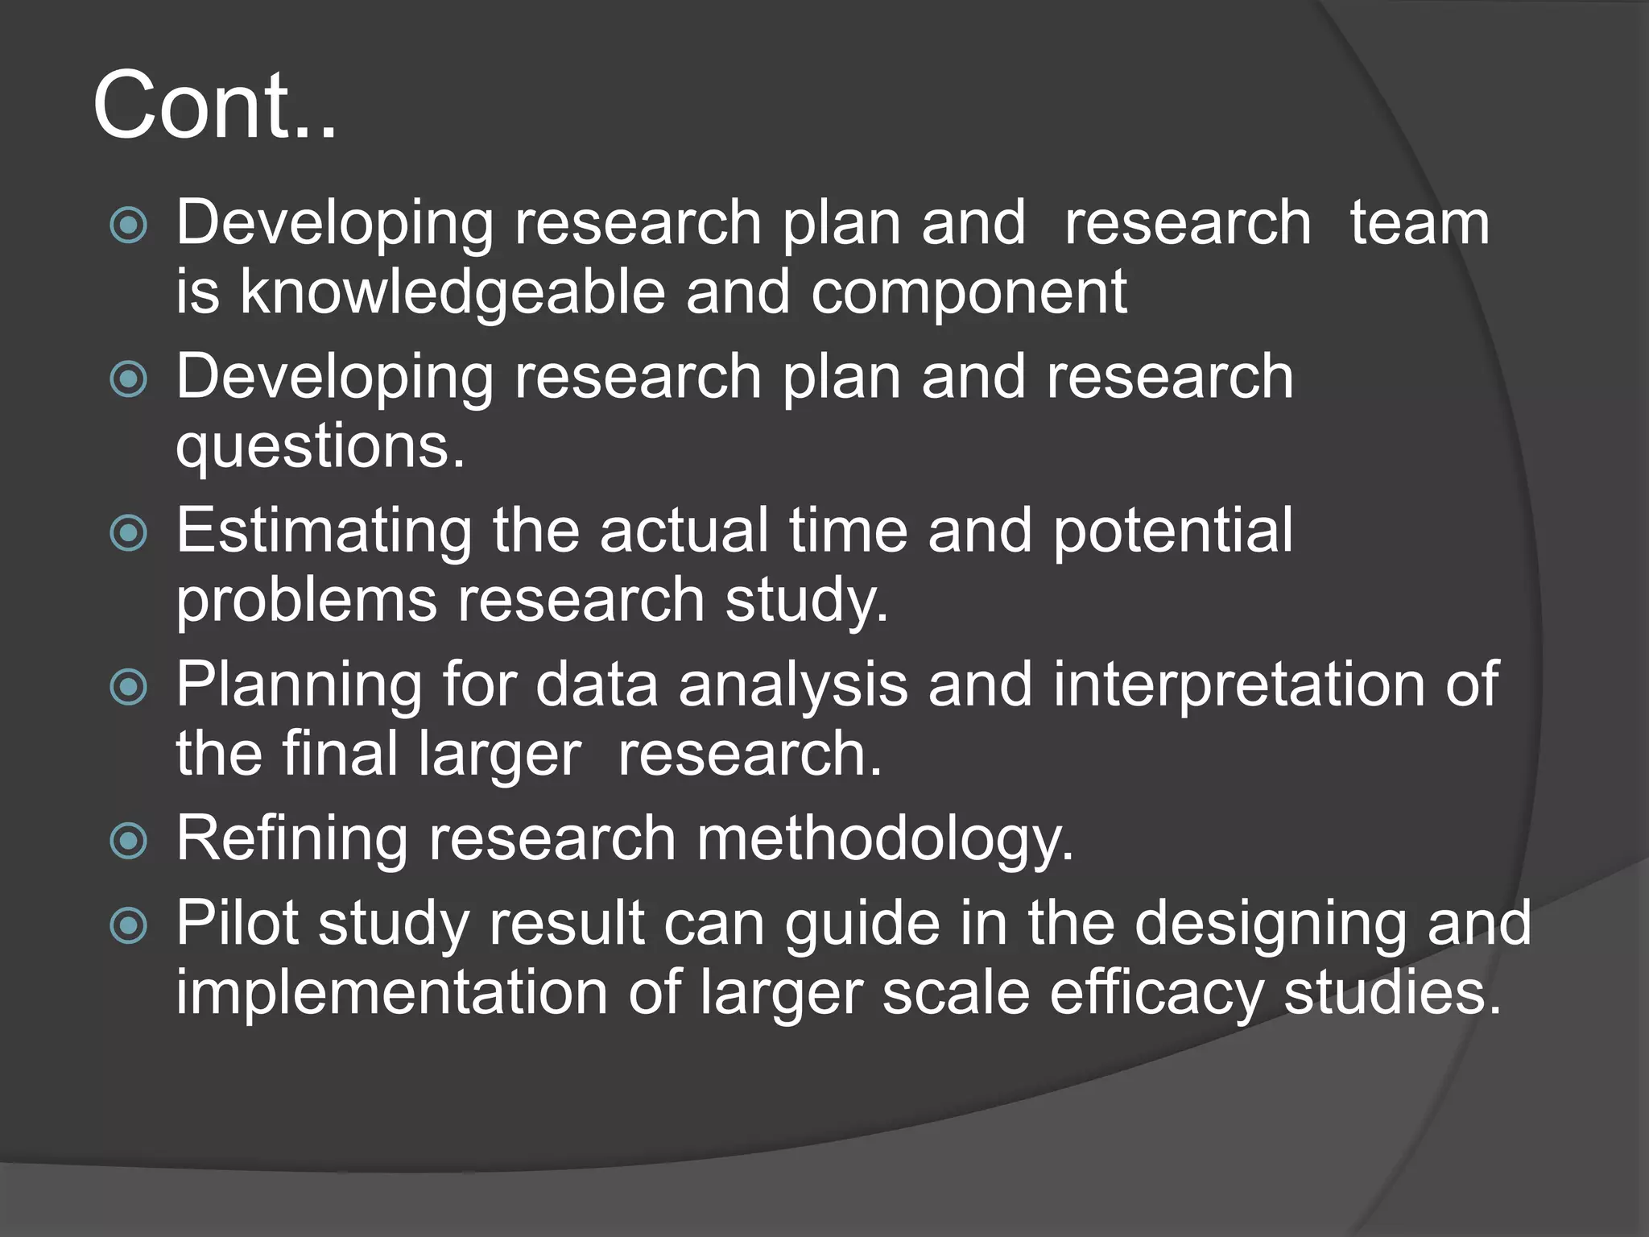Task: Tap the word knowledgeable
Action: click(x=453, y=292)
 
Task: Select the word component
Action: click(x=969, y=292)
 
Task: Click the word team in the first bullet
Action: click(x=1420, y=223)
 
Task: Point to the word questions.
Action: click(x=320, y=447)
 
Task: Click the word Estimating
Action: click(x=324, y=532)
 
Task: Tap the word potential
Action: click(x=1172, y=532)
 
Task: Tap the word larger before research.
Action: click(x=499, y=755)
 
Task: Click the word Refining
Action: click(x=292, y=840)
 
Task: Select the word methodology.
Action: click(x=886, y=840)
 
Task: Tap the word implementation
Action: click(x=391, y=993)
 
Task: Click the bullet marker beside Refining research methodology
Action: click(x=129, y=842)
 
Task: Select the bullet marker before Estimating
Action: click(x=129, y=532)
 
